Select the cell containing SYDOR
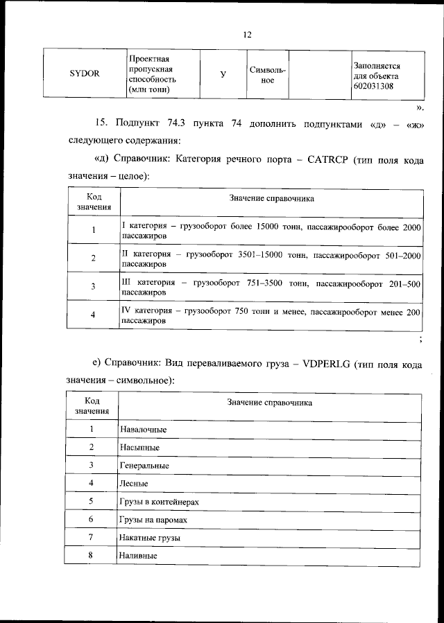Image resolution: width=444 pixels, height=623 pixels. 85,75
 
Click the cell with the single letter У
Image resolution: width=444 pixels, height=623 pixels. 223,75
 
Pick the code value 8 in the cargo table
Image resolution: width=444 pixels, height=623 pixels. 91,555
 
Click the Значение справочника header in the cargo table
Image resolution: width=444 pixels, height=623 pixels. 270,402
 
